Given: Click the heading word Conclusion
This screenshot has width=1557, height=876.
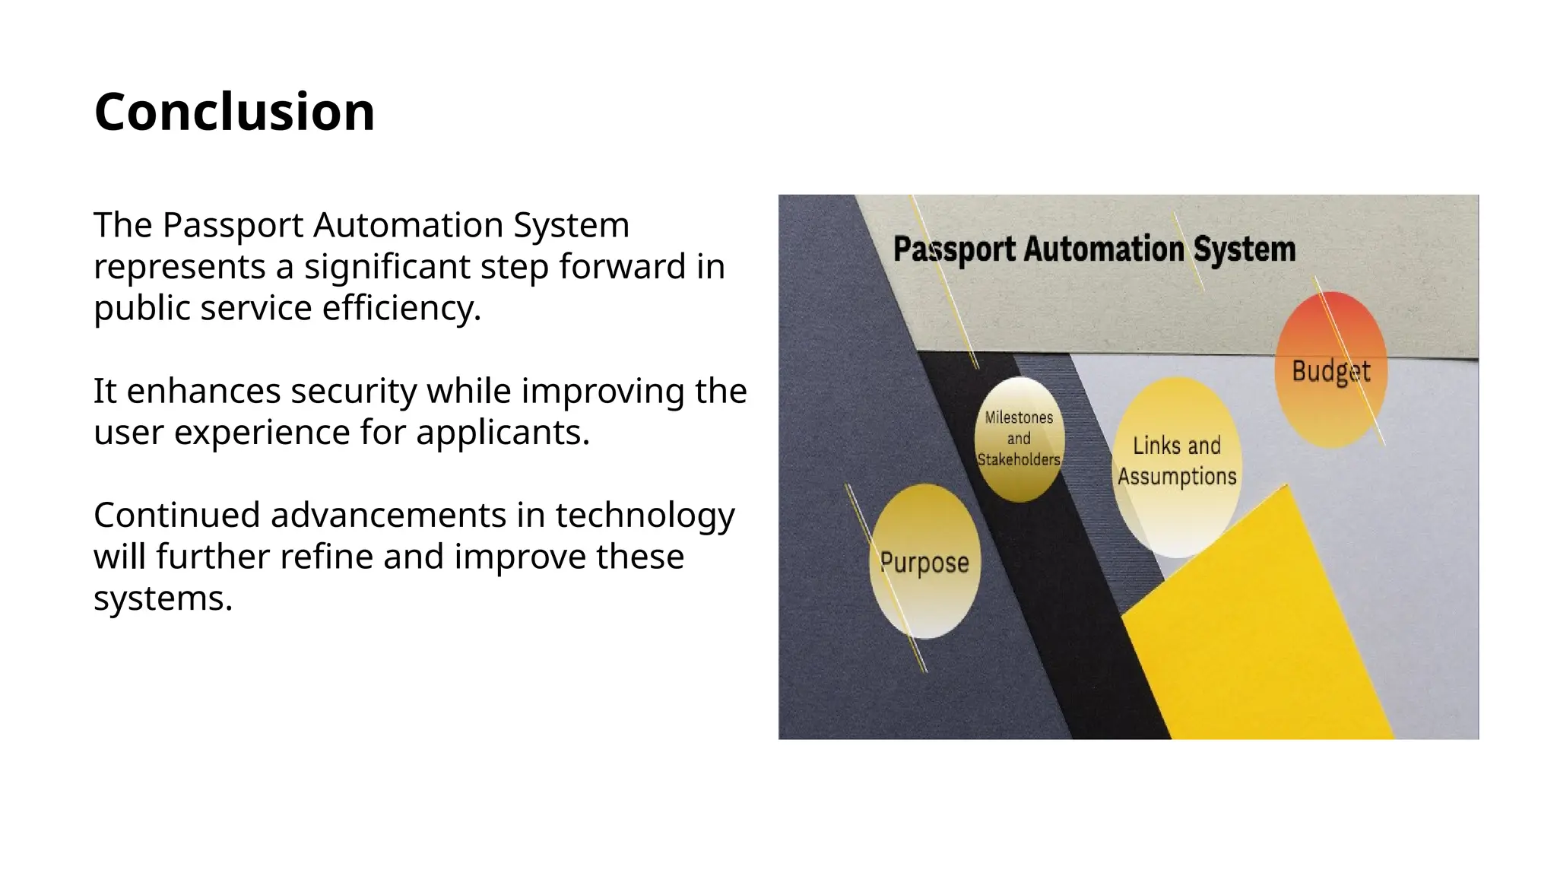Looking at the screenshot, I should point(234,112).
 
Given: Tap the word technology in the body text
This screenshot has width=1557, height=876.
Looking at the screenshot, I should point(645,516).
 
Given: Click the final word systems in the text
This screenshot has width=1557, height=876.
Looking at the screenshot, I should point(162,598).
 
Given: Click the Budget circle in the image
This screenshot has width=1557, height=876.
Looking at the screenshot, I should point(1330,370).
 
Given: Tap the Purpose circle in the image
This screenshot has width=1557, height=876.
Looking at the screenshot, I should point(924,562).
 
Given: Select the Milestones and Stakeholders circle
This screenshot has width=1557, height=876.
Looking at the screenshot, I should point(1019,439).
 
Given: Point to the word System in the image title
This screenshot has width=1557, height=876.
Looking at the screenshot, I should point(1244,249).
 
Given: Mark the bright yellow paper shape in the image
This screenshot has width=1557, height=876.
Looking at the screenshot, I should point(1262,639).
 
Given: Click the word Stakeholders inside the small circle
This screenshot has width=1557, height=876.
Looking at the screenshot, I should point(1019,459).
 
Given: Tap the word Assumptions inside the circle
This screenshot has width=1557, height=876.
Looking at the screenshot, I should point(1177,477).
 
